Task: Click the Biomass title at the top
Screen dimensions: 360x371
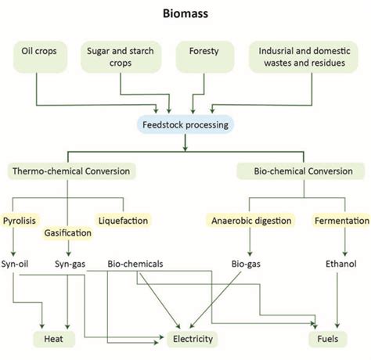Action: pyautogui.click(x=185, y=13)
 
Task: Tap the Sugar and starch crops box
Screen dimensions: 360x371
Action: pyautogui.click(x=120, y=58)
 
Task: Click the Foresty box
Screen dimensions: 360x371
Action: pyautogui.click(x=204, y=58)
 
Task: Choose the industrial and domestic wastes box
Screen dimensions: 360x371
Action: pyautogui.click(x=302, y=58)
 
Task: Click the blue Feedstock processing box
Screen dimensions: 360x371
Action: pyautogui.click(x=185, y=123)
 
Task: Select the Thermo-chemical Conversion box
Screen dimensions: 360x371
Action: pyautogui.click(x=71, y=170)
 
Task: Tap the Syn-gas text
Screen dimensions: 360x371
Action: pyautogui.click(x=70, y=264)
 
